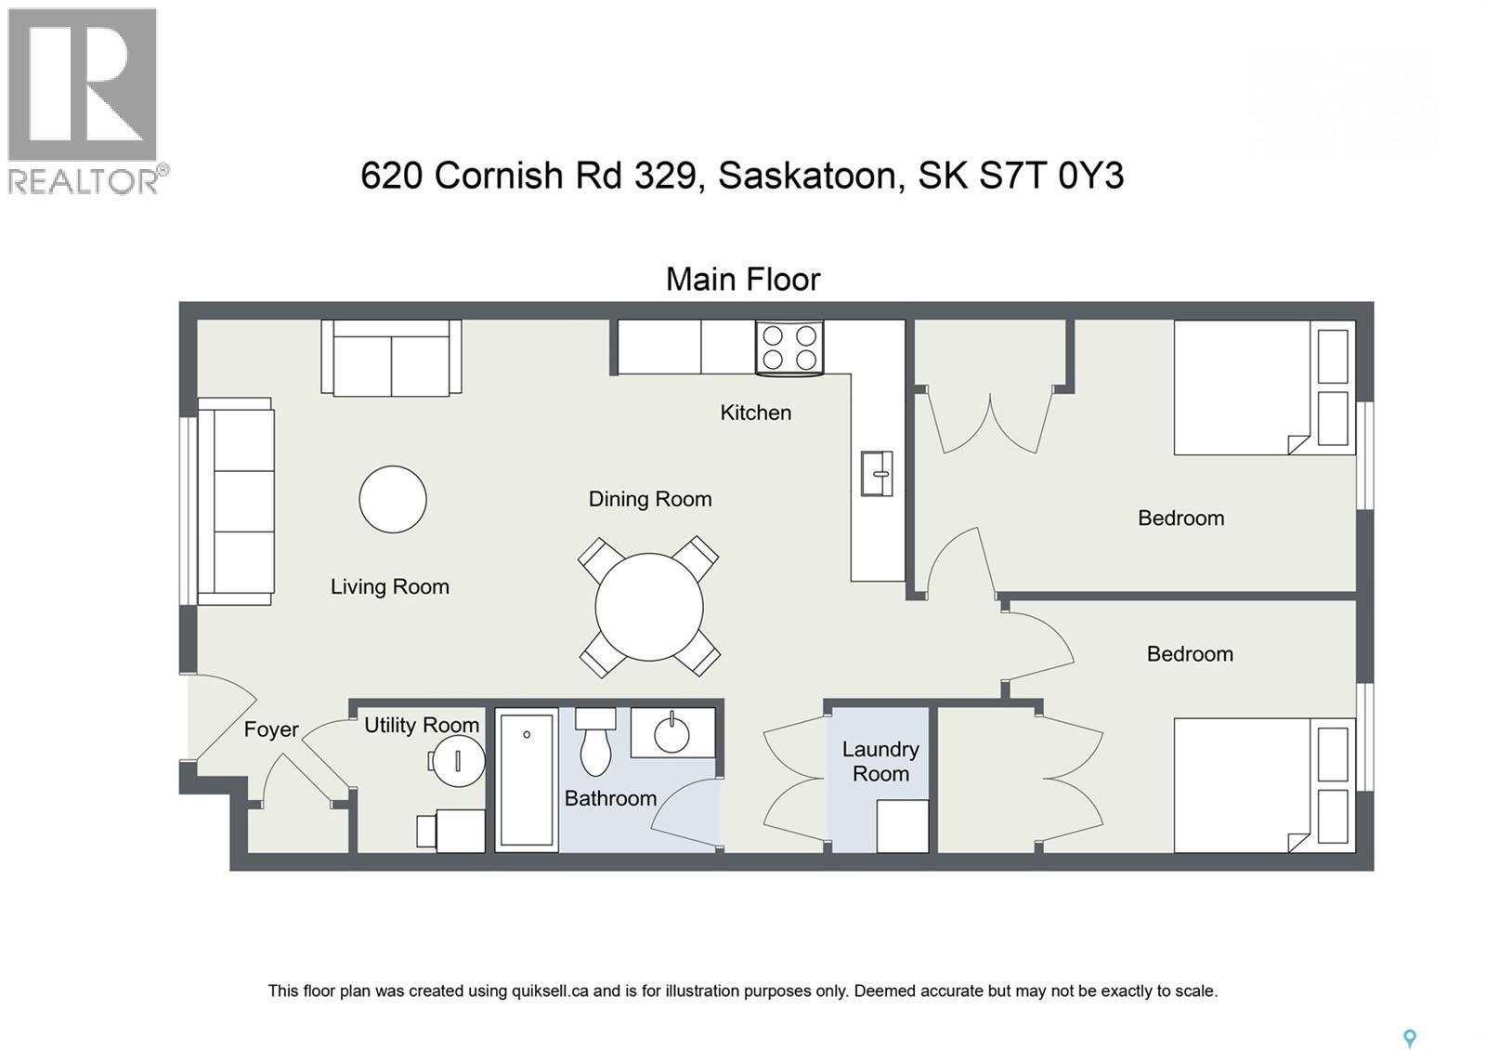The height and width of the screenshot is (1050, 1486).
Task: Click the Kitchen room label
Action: coord(755,413)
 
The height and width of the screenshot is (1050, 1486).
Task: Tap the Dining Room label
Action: coord(650,499)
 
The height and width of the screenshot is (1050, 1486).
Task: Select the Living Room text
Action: coord(389,586)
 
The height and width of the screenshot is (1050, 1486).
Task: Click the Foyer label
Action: coord(271,729)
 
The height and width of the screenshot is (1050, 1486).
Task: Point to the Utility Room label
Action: coord(421,725)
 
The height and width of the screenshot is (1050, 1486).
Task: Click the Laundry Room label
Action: coord(880,761)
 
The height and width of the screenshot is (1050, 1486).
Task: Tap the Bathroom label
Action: coord(610,798)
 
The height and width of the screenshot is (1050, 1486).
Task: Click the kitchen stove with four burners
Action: coord(789,348)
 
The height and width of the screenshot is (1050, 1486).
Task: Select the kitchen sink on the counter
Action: coord(877,473)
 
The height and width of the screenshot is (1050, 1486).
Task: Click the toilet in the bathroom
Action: coord(595,742)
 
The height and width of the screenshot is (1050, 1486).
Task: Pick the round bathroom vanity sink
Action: coord(672,734)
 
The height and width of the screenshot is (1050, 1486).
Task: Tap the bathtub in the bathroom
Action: coord(527,779)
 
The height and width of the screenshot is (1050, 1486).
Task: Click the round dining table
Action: coord(649,607)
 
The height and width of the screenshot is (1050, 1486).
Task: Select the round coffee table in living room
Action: coord(393,499)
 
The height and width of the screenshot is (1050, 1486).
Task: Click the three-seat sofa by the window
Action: coord(237,501)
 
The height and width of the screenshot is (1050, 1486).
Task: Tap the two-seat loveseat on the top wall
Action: coord(391,359)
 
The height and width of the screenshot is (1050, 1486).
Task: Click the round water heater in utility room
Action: coord(459,761)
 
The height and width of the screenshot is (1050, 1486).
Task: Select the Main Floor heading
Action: coord(743,279)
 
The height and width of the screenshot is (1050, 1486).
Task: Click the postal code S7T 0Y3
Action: coord(1051,176)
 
